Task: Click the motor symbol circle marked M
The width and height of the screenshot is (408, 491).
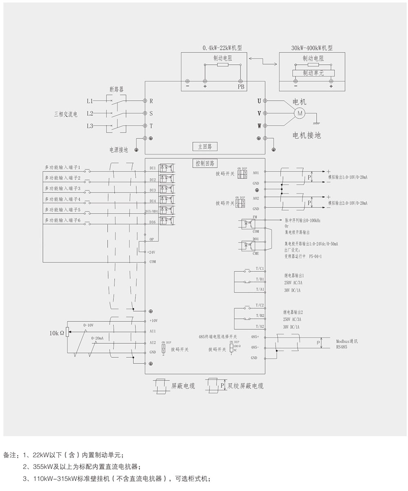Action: [300, 113]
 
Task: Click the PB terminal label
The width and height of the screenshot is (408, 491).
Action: [242, 87]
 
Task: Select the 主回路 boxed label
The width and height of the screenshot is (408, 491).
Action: [205, 146]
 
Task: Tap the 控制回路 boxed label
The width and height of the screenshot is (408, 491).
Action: [205, 163]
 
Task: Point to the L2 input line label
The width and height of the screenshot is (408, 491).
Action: [90, 113]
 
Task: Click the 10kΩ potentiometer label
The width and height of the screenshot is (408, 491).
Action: [57, 333]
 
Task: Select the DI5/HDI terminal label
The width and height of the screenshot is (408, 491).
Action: [151, 211]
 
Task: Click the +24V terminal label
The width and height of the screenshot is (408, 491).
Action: [152, 252]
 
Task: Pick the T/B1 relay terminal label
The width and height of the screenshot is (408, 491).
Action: [260, 279]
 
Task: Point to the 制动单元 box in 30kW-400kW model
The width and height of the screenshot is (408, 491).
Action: [313, 73]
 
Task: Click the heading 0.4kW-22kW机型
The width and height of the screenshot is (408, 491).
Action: [222, 48]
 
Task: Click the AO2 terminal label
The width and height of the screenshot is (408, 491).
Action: [256, 198]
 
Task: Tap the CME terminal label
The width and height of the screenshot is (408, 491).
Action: [256, 253]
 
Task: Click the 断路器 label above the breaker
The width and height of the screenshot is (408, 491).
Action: [116, 89]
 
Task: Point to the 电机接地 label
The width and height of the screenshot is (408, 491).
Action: [307, 136]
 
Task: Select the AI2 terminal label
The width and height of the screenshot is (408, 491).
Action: [153, 343]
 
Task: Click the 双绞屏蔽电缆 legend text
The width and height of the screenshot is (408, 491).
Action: [246, 386]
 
